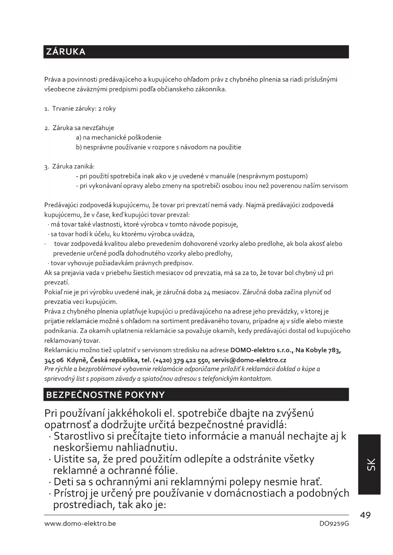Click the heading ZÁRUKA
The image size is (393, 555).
click(x=66, y=52)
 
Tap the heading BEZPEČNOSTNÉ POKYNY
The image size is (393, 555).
click(x=105, y=395)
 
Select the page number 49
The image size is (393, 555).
click(x=365, y=515)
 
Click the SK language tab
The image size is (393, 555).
click(x=370, y=464)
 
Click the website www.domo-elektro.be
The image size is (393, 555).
click(x=80, y=524)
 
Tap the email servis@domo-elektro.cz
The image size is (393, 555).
click(x=249, y=360)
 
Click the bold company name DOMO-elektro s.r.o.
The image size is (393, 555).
click(x=261, y=350)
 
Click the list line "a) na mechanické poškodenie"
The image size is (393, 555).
click(x=118, y=138)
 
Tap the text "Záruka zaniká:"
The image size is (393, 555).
click(x=73, y=166)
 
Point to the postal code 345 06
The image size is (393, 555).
click(x=54, y=360)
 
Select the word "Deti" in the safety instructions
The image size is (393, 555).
click(x=65, y=482)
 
